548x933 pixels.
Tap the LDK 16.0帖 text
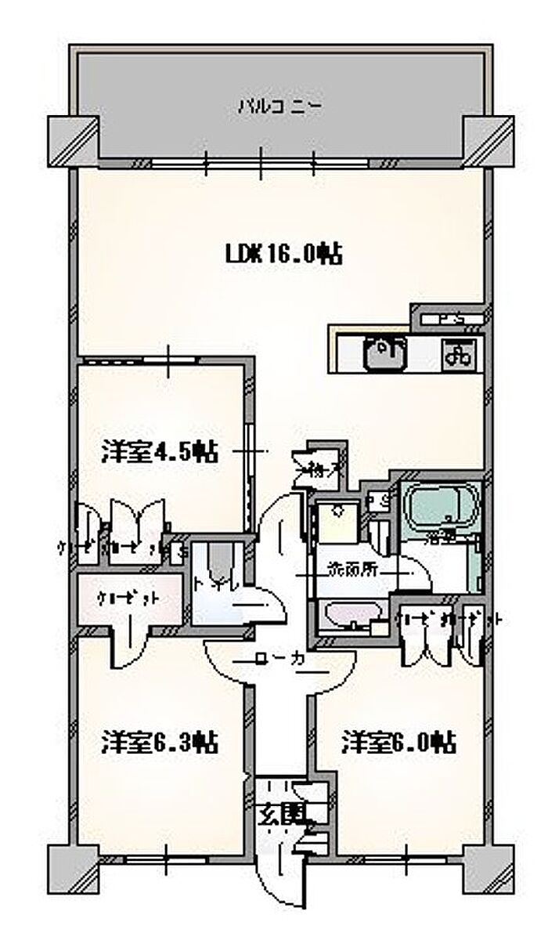pyautogui.click(x=283, y=254)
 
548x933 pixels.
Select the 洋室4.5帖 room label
pyautogui.click(x=159, y=452)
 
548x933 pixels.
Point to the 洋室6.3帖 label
pyautogui.click(x=159, y=742)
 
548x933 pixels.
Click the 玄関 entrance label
pyautogui.click(x=280, y=814)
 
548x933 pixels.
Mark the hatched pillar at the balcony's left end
pyautogui.click(x=73, y=140)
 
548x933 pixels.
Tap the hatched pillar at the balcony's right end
pyautogui.click(x=489, y=140)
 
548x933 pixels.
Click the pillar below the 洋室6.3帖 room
pyautogui.click(x=73, y=868)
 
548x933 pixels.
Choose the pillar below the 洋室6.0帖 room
pyautogui.click(x=489, y=868)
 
